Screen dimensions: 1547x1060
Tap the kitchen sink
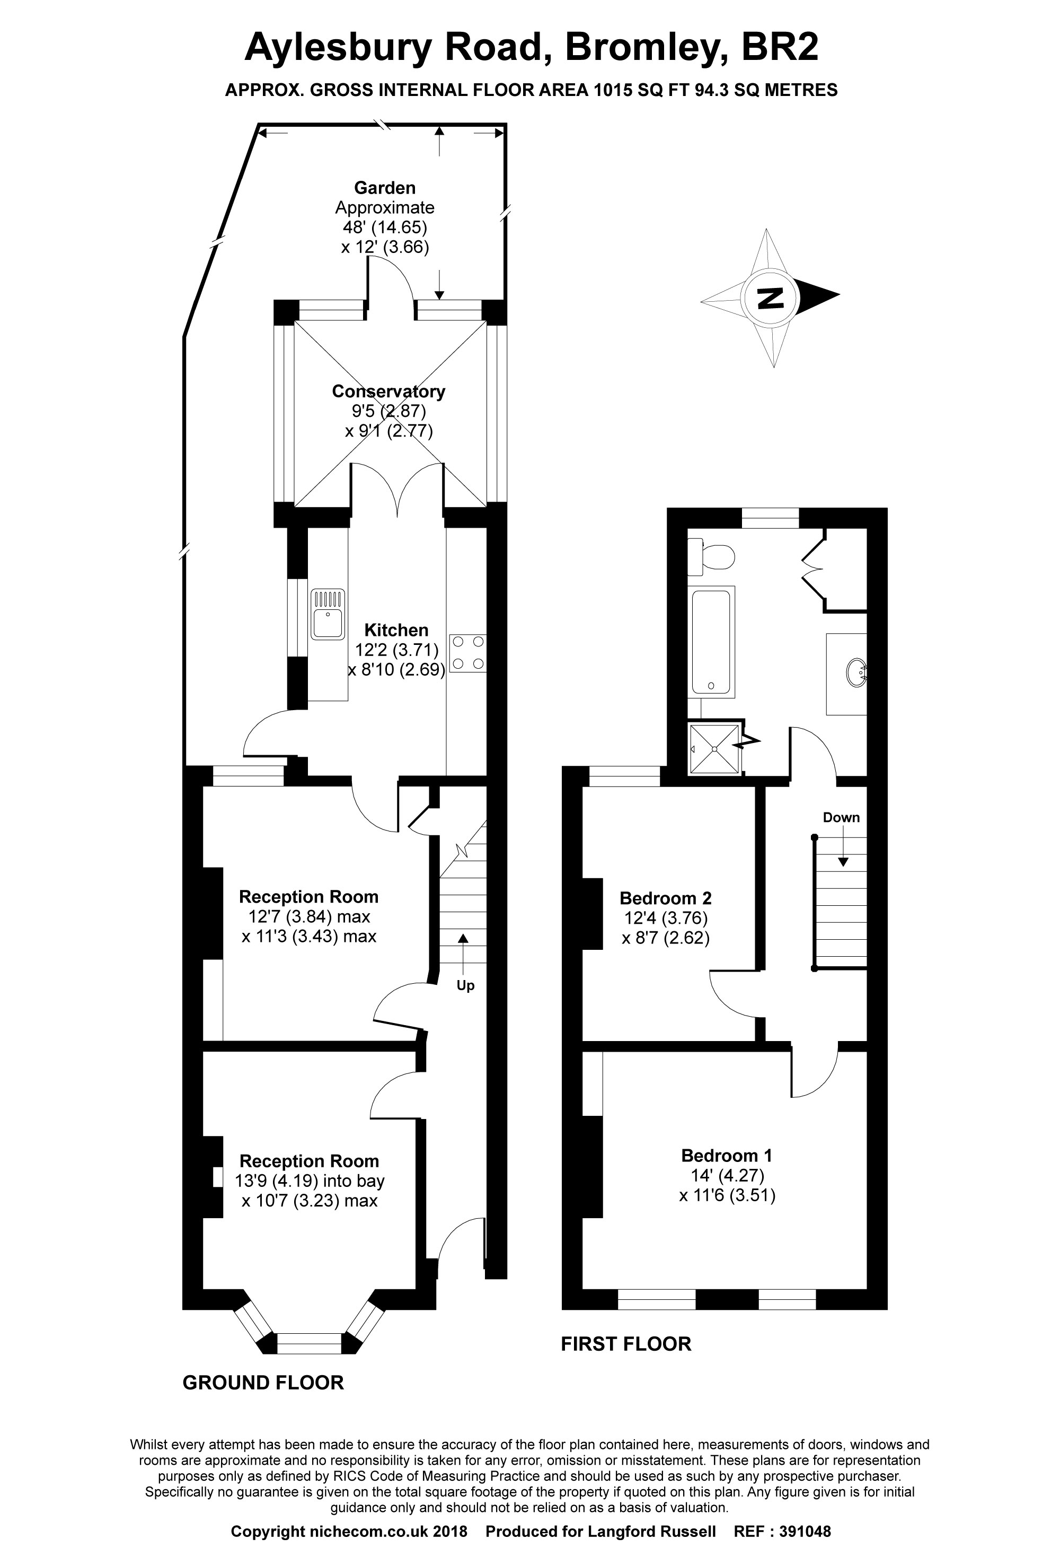click(x=328, y=614)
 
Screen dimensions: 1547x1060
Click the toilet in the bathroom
click(x=712, y=556)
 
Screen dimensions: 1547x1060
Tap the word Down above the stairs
click(x=841, y=817)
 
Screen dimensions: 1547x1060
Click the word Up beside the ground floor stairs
click(x=465, y=985)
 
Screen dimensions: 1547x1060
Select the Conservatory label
click(x=388, y=391)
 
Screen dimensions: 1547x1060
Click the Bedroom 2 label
click(x=665, y=898)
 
